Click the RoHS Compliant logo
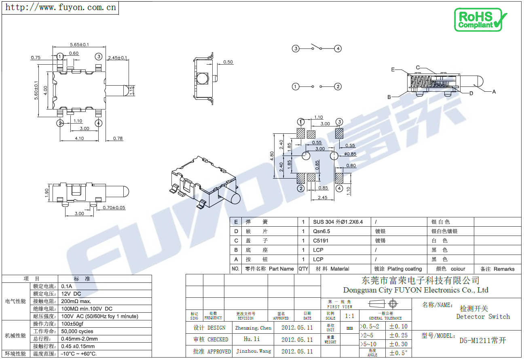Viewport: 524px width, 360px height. (480, 20)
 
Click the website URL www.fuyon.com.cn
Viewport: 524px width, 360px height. (61, 7)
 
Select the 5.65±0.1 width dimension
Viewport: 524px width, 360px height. (79, 44)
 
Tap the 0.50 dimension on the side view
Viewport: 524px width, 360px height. (228, 62)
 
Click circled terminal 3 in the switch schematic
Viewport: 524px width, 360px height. (296, 48)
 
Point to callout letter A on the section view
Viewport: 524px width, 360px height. (494, 92)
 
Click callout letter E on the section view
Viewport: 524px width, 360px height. (393, 69)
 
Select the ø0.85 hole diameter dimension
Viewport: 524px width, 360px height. (350, 154)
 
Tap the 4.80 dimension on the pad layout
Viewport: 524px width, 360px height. (272, 156)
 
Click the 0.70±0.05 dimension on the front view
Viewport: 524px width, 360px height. (114, 208)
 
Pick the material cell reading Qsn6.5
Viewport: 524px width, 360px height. (321, 231)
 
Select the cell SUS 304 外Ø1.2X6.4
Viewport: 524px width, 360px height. (338, 222)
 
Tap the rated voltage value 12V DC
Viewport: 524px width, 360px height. (71, 294)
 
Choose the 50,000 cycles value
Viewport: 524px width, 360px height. (77, 331)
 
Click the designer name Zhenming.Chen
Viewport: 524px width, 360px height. (253, 328)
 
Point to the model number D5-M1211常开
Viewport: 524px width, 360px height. (482, 340)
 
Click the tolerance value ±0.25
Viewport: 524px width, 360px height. (398, 335)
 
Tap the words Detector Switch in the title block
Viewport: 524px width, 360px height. (483, 316)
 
